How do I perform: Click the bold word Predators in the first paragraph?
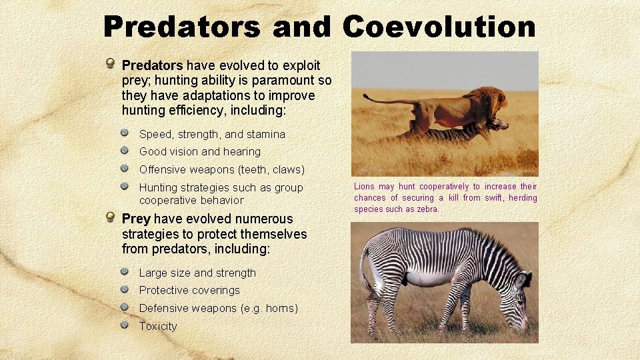point(152,65)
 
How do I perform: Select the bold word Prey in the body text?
point(136,219)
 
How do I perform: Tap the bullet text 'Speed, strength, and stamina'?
point(212,134)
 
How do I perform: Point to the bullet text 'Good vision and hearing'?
point(199,151)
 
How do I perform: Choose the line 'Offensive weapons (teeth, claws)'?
point(221,169)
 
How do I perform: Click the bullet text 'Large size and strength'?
point(197,273)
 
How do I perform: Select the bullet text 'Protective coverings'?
point(189,290)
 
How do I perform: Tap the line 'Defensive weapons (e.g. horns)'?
point(218,308)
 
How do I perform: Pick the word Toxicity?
point(158,326)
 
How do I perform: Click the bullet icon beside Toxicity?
point(125,325)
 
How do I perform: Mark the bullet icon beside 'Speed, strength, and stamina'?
point(125,133)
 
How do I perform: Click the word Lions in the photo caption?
point(364,187)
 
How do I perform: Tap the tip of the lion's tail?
point(366,97)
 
